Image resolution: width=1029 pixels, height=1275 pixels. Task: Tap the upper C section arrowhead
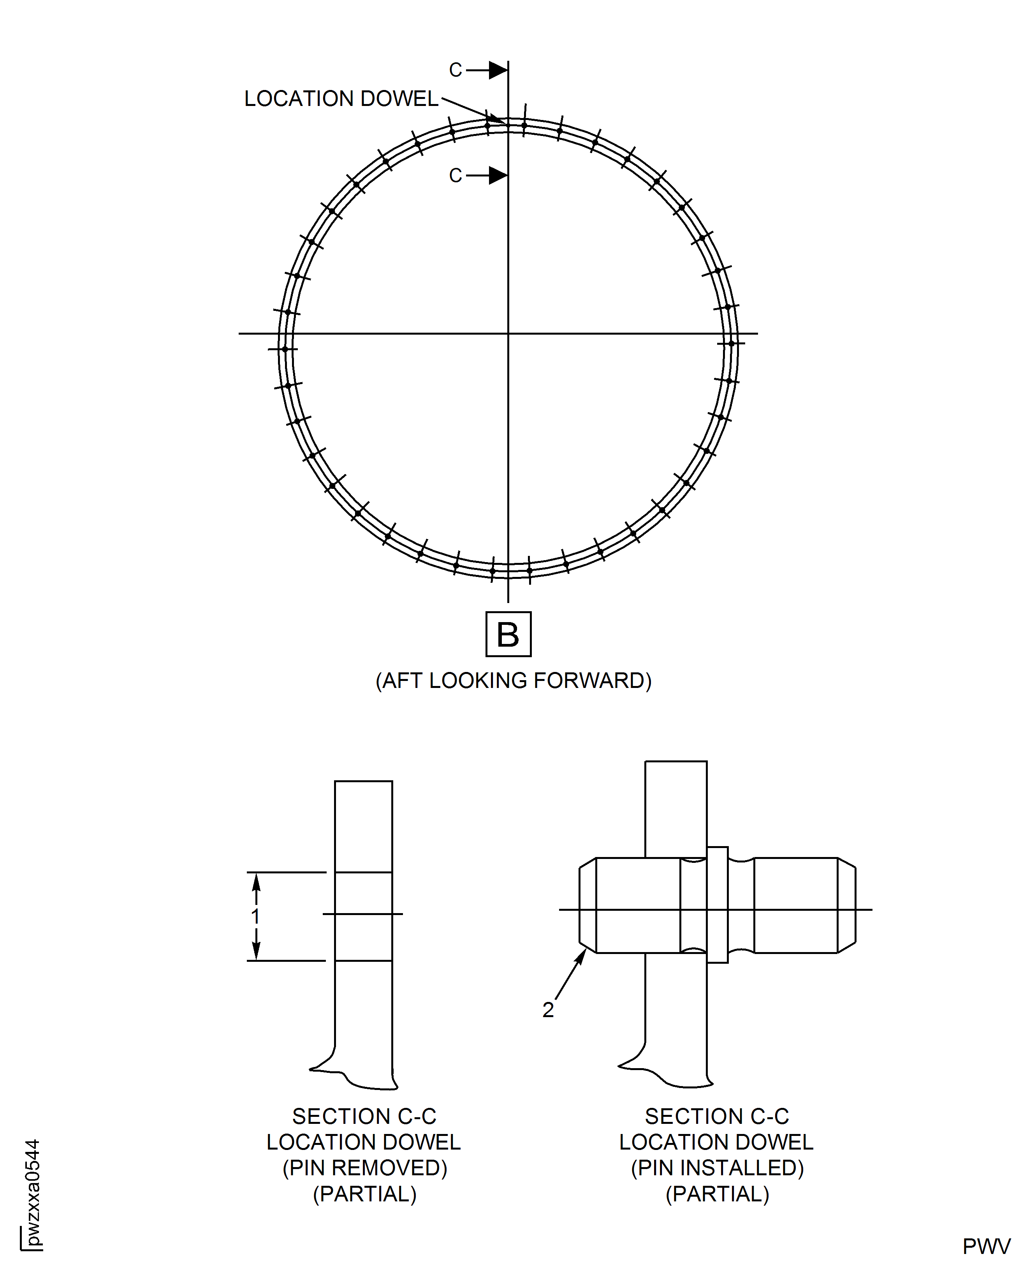(498, 70)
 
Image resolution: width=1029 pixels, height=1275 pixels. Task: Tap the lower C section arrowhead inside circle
(498, 176)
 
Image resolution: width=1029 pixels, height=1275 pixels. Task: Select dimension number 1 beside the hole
(255, 916)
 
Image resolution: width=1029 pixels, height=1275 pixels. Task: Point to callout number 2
(548, 1009)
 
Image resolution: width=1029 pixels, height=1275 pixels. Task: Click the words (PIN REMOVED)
(364, 1167)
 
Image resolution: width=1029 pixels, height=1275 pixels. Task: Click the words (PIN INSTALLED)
(717, 1167)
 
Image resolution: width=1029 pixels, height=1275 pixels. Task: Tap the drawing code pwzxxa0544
(33, 1192)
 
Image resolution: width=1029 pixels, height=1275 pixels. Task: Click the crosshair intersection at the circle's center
(508, 333)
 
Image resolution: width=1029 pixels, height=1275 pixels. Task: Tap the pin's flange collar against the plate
(717, 905)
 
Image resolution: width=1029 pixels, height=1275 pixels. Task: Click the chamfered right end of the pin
(846, 906)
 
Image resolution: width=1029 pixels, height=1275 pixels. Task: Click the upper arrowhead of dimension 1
(256, 882)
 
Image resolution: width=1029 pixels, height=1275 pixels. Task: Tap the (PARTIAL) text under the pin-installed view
(717, 1194)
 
